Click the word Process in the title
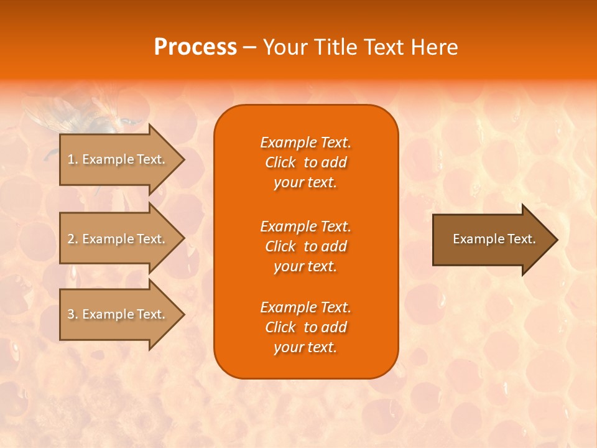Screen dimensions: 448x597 click(195, 47)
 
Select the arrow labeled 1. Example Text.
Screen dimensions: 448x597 click(118, 159)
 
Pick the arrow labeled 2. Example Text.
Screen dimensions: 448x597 click(118, 239)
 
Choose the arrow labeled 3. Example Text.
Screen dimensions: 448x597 click(118, 314)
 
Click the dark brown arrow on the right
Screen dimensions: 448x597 click(491, 239)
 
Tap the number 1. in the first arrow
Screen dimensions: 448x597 click(73, 159)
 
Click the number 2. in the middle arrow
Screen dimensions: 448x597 click(73, 239)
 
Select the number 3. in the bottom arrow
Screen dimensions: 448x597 click(73, 314)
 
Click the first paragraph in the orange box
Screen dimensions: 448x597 click(305, 162)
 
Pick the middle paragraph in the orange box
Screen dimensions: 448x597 click(305, 246)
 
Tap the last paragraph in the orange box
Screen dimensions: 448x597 click(305, 327)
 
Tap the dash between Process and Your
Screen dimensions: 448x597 click(249, 47)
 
